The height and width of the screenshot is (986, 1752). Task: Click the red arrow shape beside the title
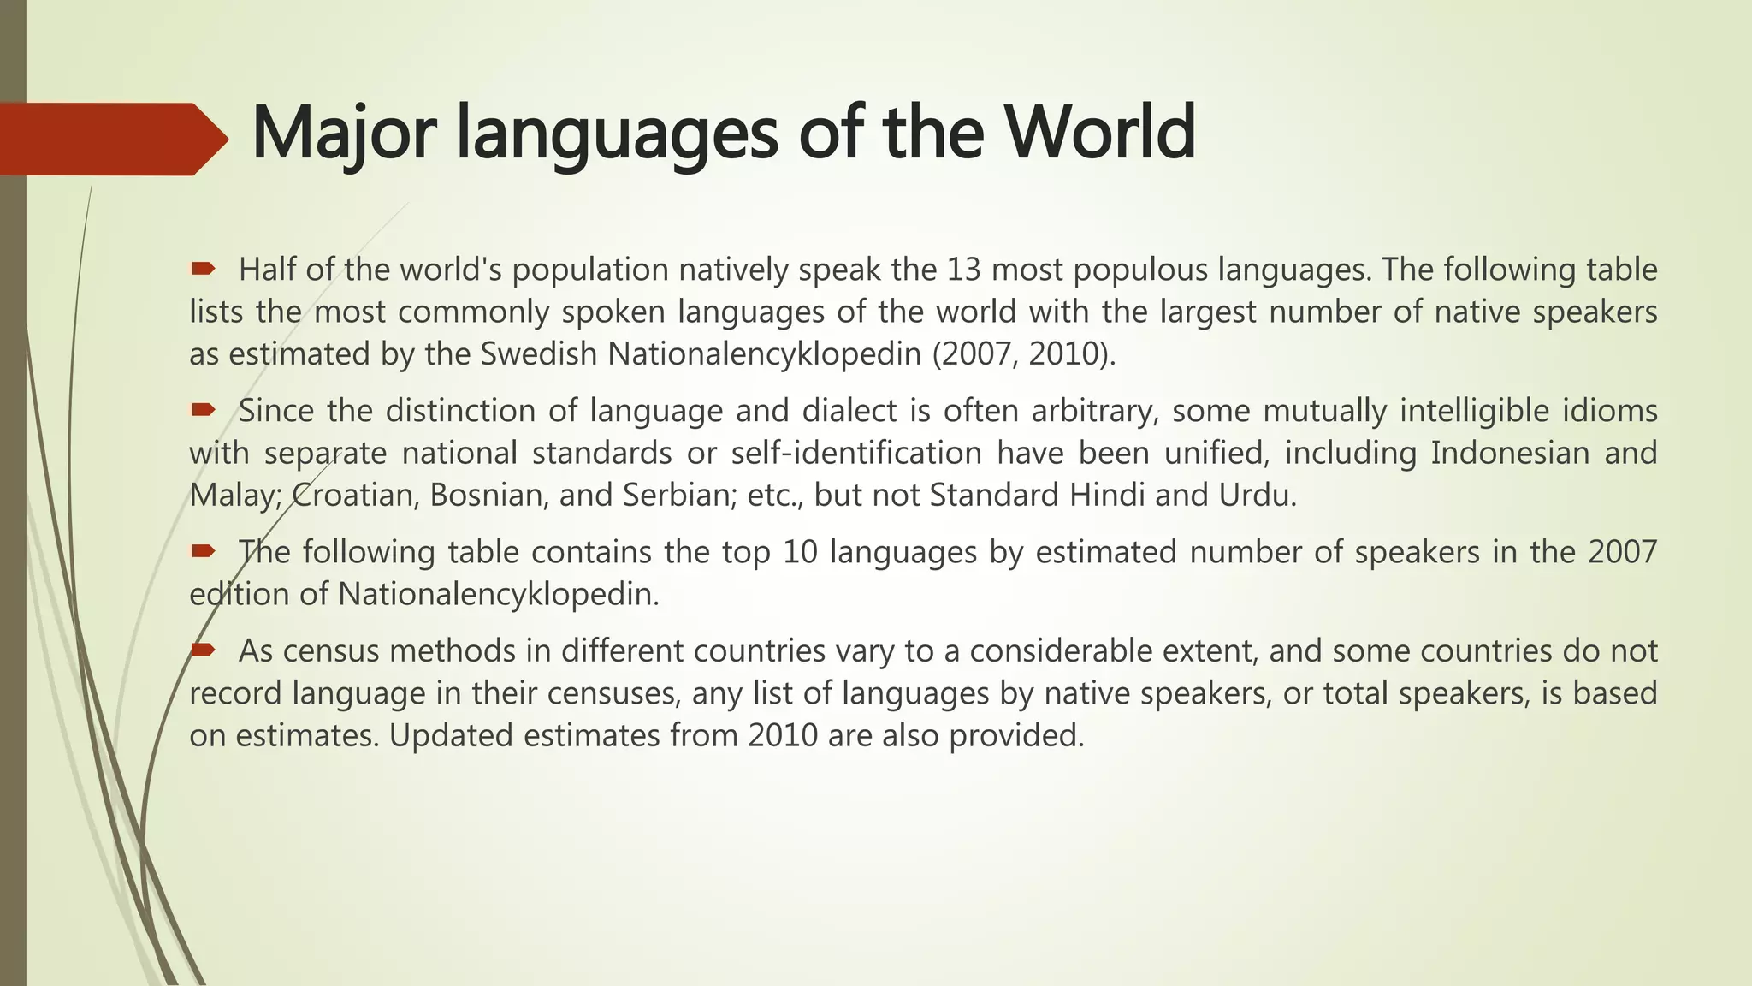111,139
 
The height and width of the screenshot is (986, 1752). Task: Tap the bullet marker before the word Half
203,270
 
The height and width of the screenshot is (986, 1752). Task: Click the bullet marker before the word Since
203,411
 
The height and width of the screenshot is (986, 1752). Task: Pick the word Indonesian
1510,453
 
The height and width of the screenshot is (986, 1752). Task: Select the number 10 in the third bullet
800,552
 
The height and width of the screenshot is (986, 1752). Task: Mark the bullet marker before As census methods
203,650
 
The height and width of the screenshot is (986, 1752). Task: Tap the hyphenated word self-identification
856,453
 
